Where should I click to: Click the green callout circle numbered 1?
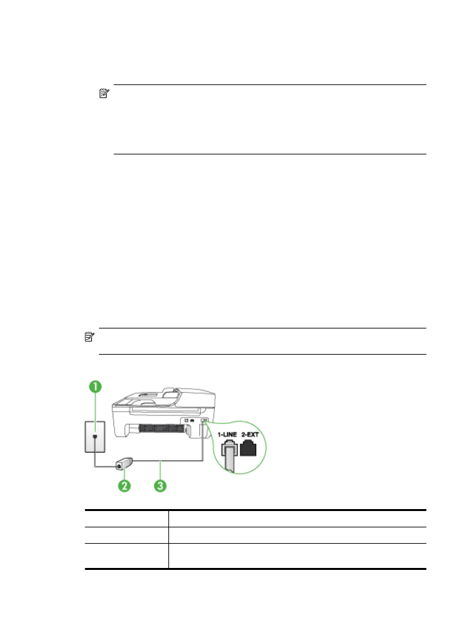click(95, 387)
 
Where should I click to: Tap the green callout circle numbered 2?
click(125, 486)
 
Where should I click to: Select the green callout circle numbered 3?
click(160, 486)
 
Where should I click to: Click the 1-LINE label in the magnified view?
click(227, 434)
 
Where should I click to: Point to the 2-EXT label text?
click(250, 434)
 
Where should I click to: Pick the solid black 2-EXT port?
click(248, 449)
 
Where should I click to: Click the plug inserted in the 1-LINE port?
click(229, 450)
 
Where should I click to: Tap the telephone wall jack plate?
click(95, 437)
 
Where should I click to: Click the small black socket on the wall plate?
click(95, 436)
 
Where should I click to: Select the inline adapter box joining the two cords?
click(125, 463)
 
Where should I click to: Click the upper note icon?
click(104, 94)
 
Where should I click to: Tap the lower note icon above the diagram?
click(89, 337)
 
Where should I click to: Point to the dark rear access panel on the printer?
click(161, 428)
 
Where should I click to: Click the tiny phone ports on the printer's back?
click(204, 421)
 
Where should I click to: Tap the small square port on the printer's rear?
click(187, 421)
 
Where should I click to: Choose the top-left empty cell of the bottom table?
click(126, 519)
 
